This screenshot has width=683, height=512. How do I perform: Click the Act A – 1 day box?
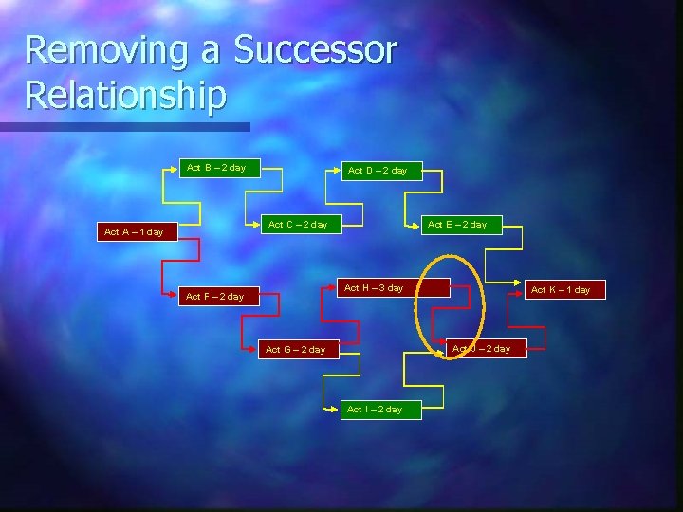134,231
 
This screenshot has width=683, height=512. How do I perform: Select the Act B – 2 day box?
216,168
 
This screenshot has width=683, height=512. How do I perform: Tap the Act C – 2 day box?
298,225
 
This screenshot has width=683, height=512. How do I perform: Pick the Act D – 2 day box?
378,171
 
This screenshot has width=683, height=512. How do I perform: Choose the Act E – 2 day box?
457,225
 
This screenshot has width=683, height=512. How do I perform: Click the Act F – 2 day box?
215,297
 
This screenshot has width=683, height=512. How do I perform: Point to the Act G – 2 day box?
295,350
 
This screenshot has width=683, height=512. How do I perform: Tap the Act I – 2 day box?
375,410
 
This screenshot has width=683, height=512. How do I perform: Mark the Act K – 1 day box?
561,289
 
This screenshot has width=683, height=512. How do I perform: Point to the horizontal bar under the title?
124,126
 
